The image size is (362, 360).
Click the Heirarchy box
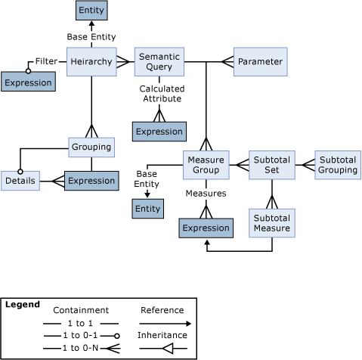tap(91, 61)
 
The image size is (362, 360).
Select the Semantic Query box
tap(160, 61)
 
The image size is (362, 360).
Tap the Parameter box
tap(259, 61)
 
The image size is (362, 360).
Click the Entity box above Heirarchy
tap(91, 11)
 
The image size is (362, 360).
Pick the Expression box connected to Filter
tap(27, 82)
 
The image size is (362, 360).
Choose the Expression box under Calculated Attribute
tap(159, 131)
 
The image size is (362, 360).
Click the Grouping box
tap(91, 147)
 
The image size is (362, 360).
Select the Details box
tap(18, 182)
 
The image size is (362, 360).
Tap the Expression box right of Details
tap(91, 182)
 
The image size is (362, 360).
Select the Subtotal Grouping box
tap(336, 164)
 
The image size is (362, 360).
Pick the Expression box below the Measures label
tap(205, 228)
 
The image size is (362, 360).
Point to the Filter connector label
tap(47, 61)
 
